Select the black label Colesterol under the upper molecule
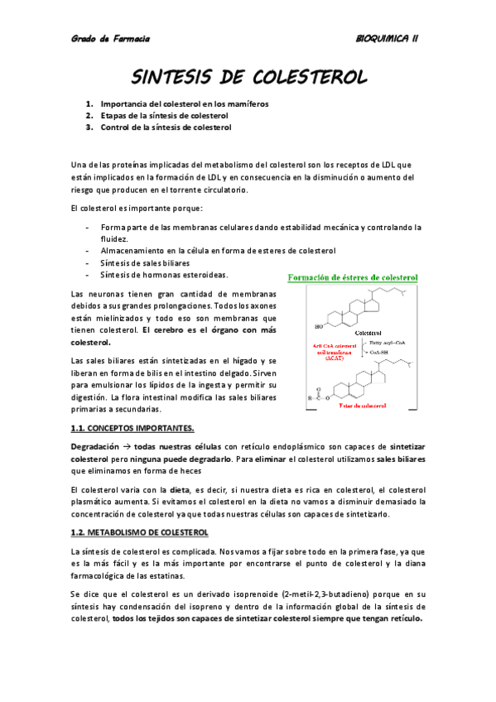pyautogui.click(x=369, y=333)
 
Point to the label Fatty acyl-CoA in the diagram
pyautogui.click(x=388, y=341)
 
